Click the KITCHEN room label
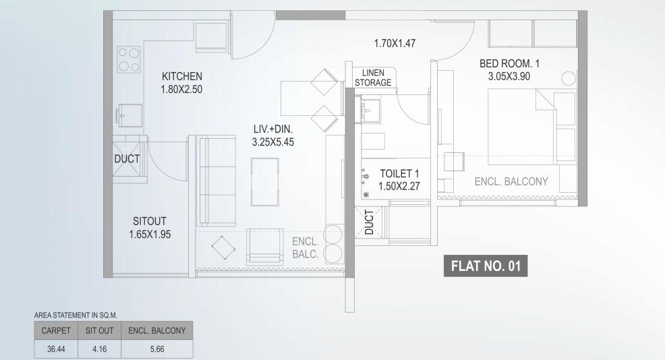pos(181,76)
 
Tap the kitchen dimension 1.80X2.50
pos(181,89)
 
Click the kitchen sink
pos(128,115)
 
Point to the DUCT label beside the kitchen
pos(127,159)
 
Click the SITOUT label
pos(149,221)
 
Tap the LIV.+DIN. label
pos(272,129)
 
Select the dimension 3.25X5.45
pos(272,142)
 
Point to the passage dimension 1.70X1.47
pos(395,44)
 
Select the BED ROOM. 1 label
pos(509,63)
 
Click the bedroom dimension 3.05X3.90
pos(509,76)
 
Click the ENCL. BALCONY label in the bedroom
pos(511,181)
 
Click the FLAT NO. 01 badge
pos(486,266)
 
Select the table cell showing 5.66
pos(156,349)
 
